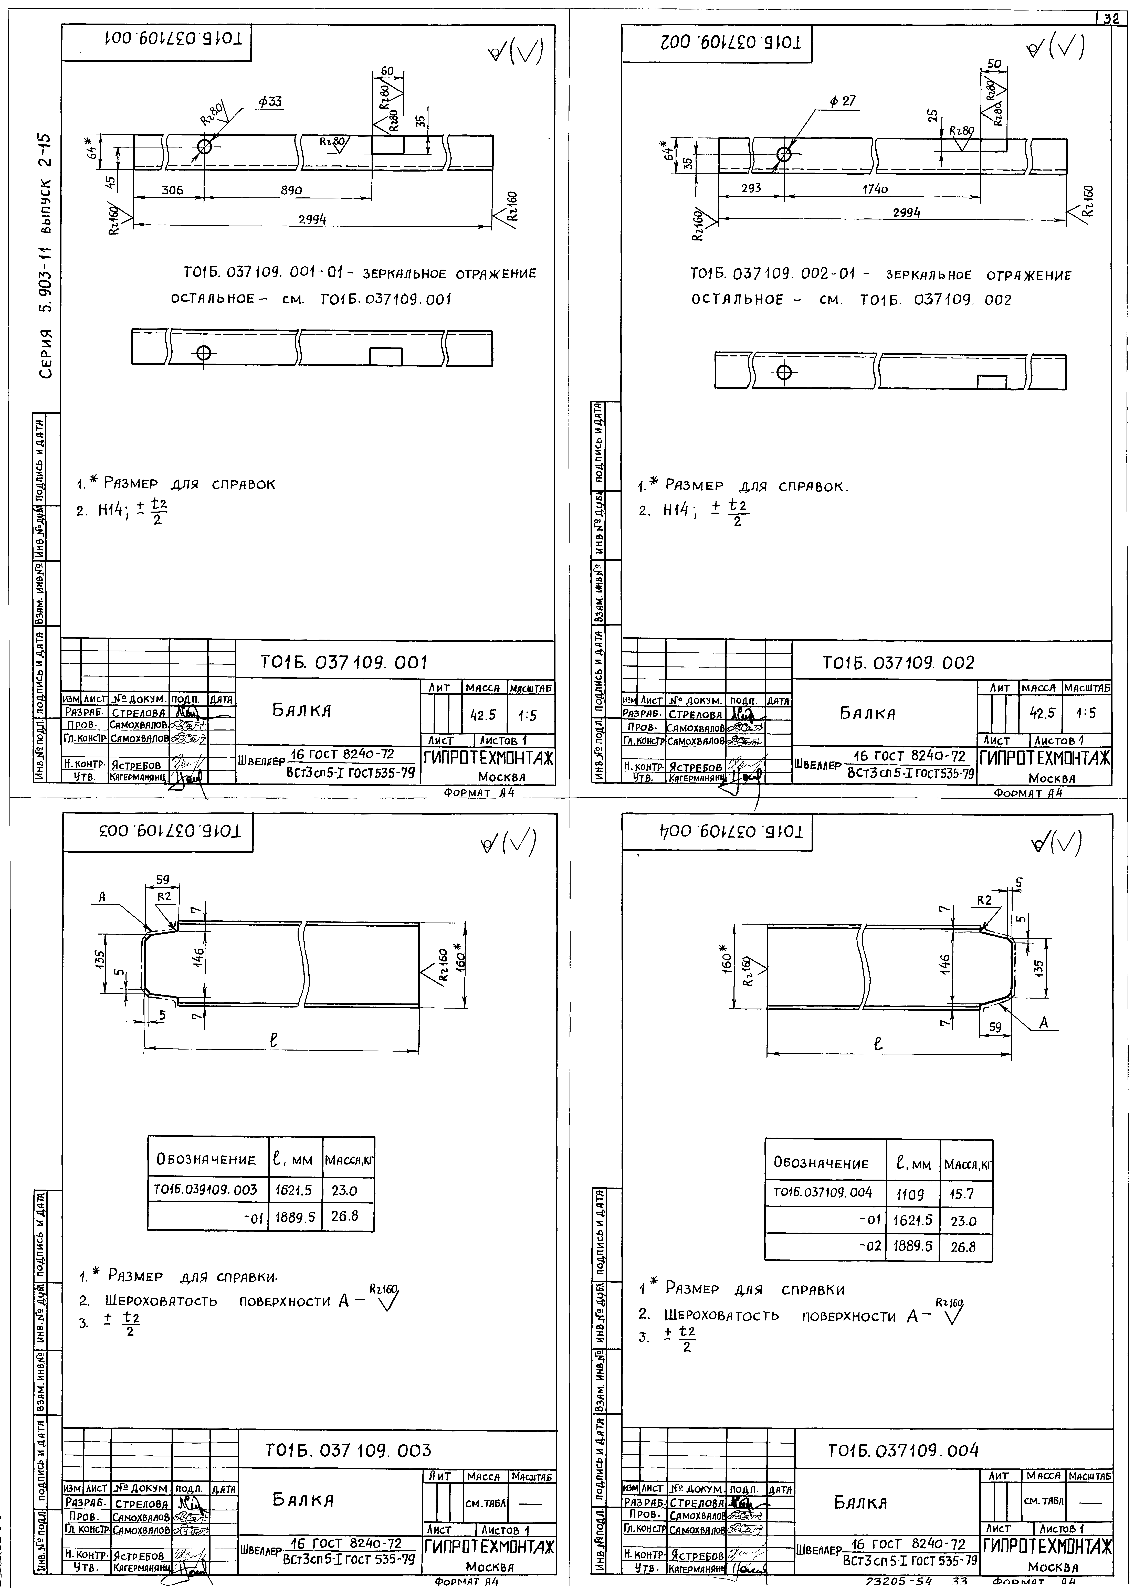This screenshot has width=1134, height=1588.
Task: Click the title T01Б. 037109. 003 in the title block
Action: [x=348, y=1451]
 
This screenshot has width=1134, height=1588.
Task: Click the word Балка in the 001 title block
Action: [x=302, y=711]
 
